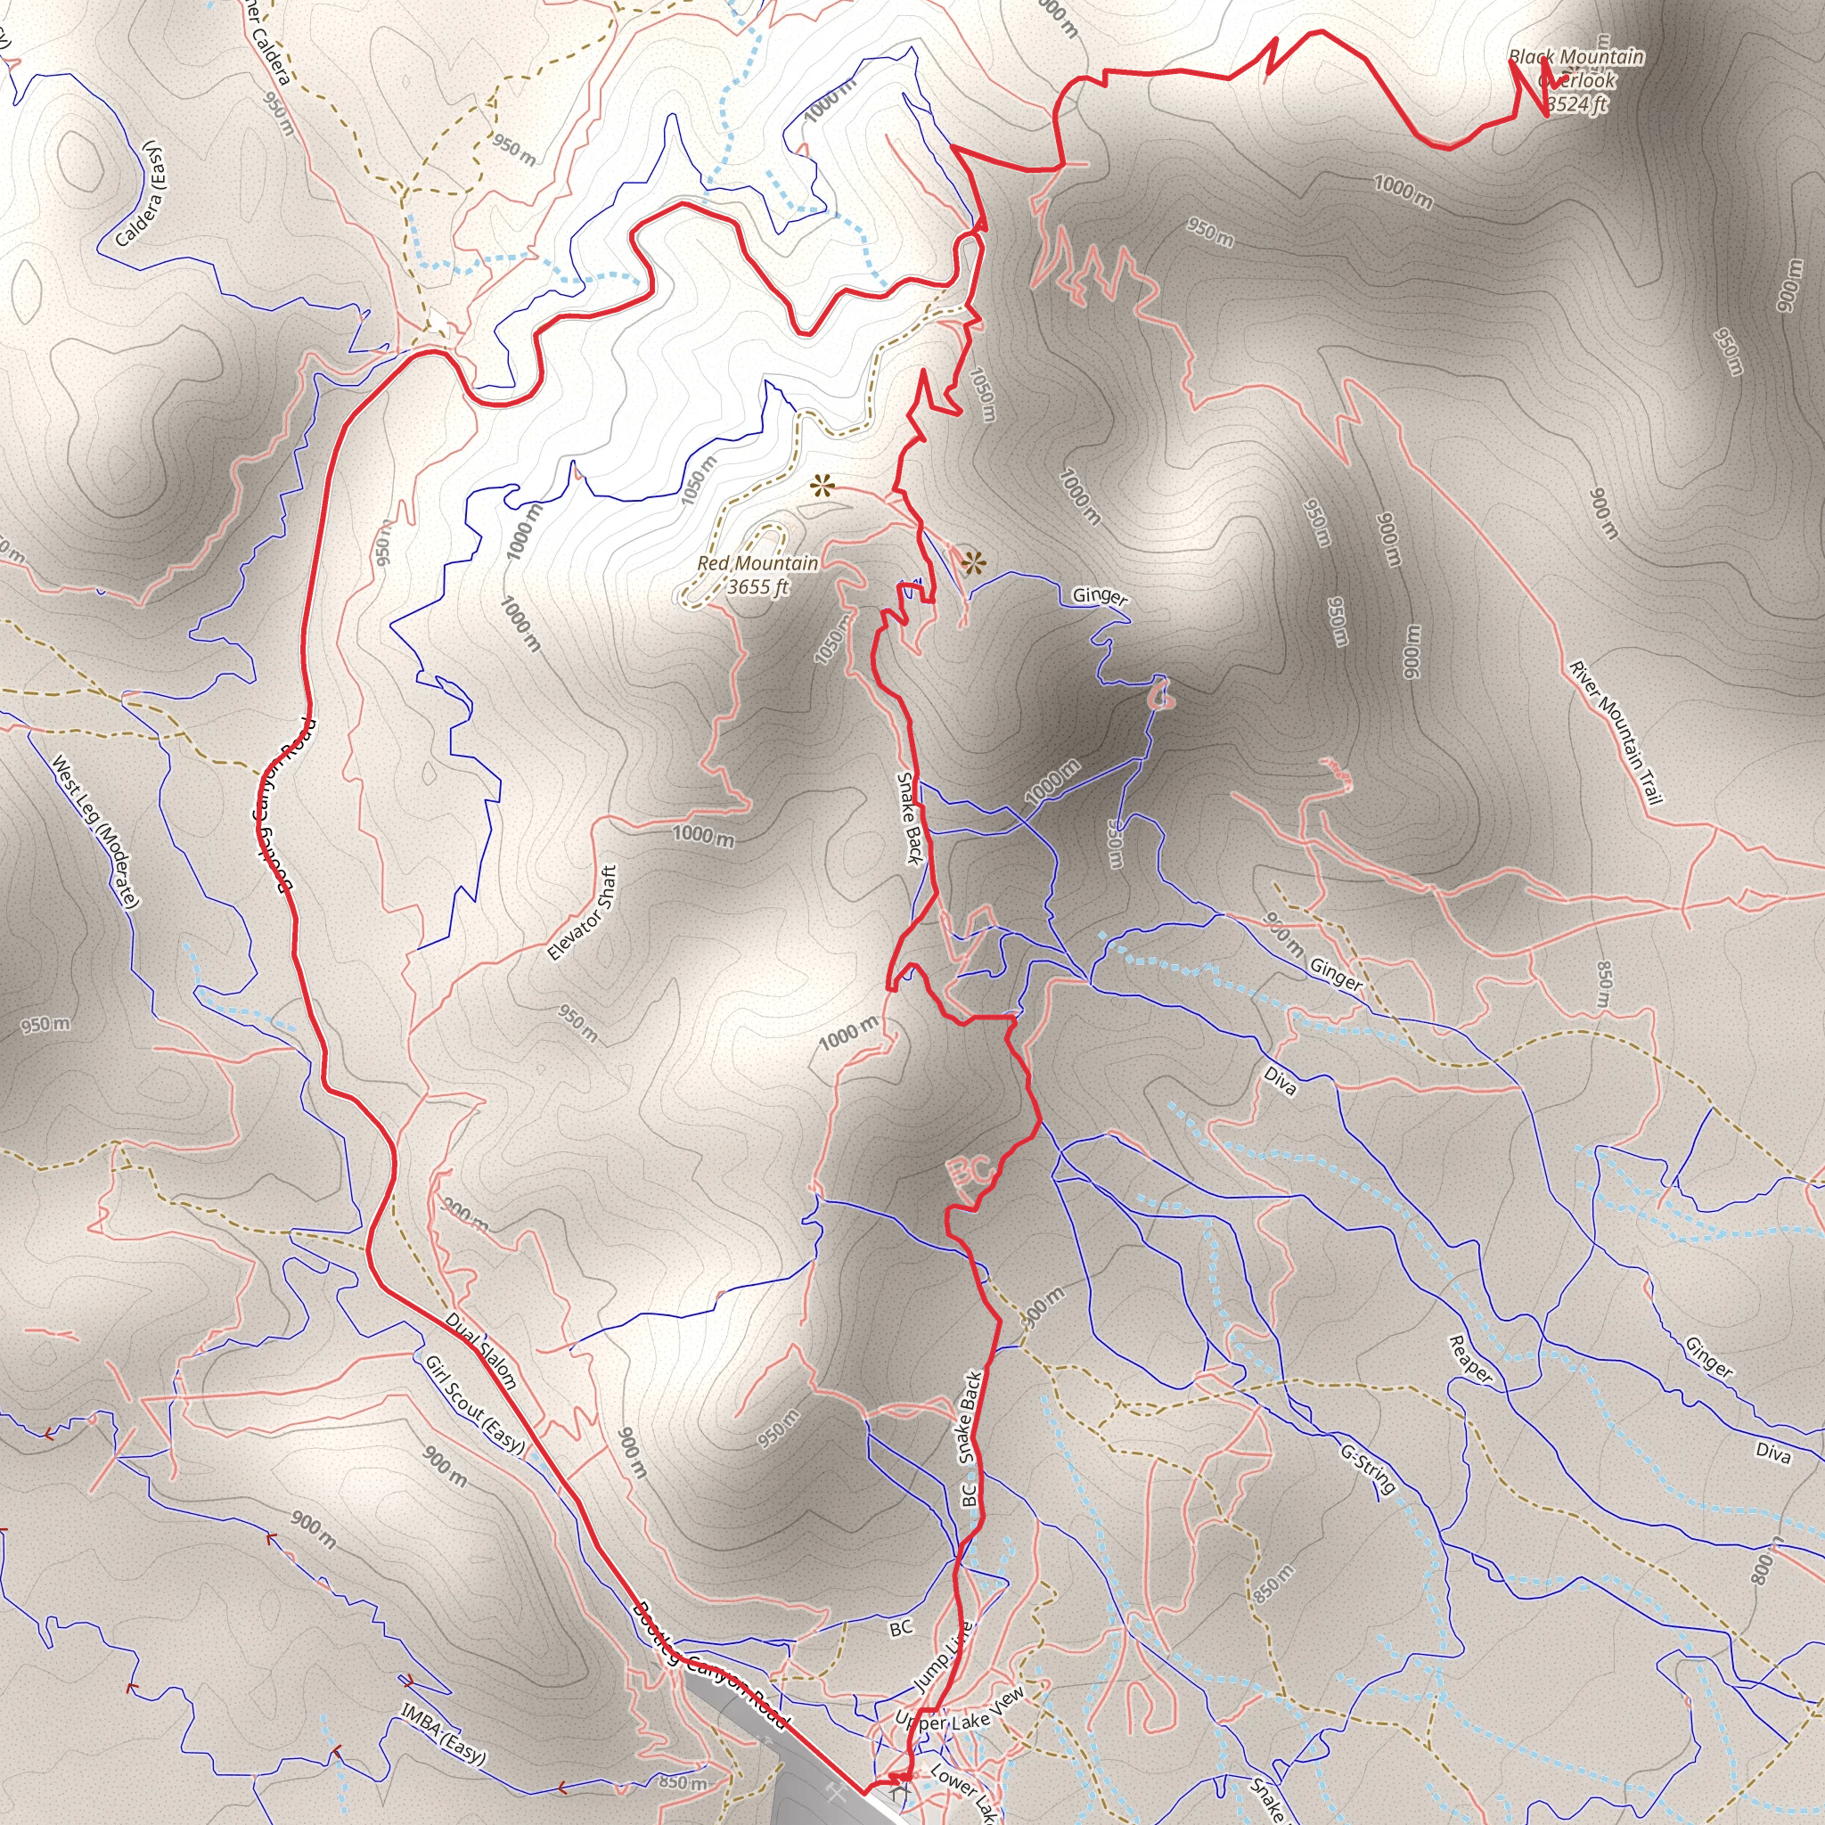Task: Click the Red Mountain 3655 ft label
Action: (x=757, y=576)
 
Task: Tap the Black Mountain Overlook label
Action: (x=1575, y=80)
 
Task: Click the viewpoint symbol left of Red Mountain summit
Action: (x=822, y=487)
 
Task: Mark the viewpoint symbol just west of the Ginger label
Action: (x=973, y=565)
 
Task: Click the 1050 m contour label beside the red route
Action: (x=980, y=394)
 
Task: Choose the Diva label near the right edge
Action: (x=1773, y=1454)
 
